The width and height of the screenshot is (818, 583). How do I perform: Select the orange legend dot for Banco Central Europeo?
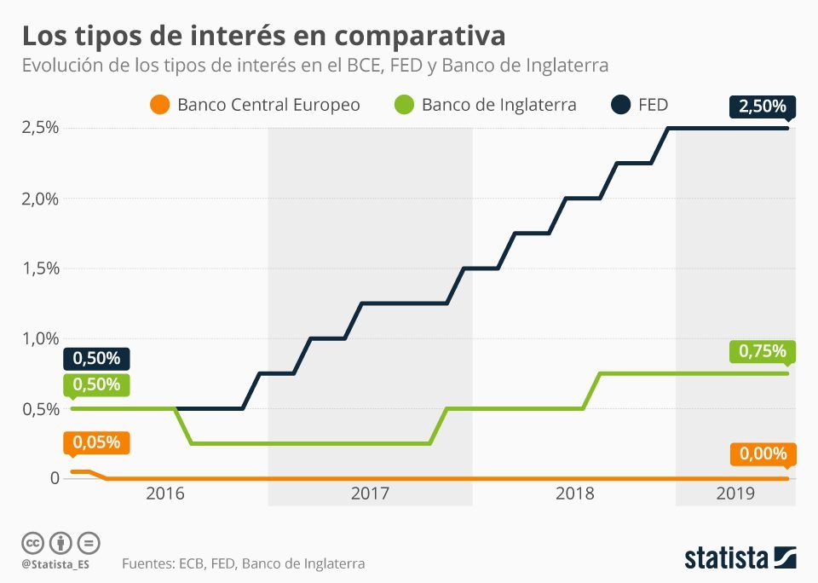pyautogui.click(x=159, y=105)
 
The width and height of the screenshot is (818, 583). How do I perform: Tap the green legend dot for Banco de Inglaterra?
pyautogui.click(x=404, y=105)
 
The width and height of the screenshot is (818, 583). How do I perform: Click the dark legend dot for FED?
pyautogui.click(x=620, y=105)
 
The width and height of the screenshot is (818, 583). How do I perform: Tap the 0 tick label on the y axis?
pyautogui.click(x=55, y=478)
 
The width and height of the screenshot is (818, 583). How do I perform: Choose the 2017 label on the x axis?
pyautogui.click(x=370, y=493)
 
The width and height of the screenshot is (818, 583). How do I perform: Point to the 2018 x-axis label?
pyautogui.click(x=573, y=493)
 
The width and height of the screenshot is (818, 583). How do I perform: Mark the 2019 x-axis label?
pyautogui.click(x=735, y=493)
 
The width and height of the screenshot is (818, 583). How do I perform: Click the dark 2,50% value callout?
pyautogui.click(x=763, y=107)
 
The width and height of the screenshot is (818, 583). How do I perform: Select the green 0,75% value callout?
pyautogui.click(x=763, y=351)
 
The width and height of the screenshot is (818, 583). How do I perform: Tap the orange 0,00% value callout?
pyautogui.click(x=763, y=453)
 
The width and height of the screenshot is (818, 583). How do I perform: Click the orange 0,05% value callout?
pyautogui.click(x=96, y=443)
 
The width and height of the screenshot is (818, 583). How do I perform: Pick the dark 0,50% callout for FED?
pyautogui.click(x=96, y=358)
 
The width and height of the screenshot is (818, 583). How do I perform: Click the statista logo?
pyautogui.click(x=740, y=557)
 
